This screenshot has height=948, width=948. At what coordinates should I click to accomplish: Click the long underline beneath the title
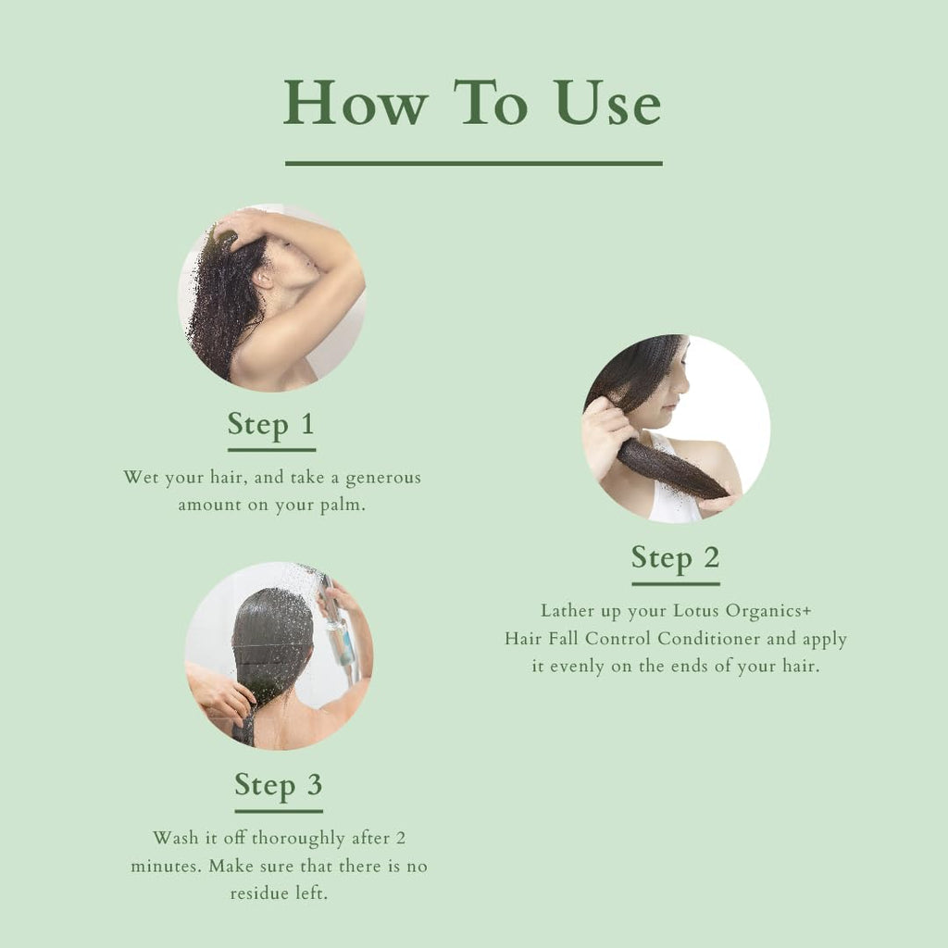pyautogui.click(x=473, y=164)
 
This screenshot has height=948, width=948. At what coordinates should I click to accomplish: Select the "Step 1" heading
pyautogui.click(x=271, y=425)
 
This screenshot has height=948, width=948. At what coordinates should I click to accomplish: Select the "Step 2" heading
pyautogui.click(x=675, y=558)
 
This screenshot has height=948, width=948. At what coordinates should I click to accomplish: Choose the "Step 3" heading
pyautogui.click(x=278, y=785)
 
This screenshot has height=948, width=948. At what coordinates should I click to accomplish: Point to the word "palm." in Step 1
pyautogui.click(x=339, y=505)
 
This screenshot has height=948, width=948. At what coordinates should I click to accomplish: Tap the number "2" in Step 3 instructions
pyautogui.click(x=400, y=838)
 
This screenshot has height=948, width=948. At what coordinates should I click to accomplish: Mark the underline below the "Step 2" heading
pyautogui.click(x=675, y=584)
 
